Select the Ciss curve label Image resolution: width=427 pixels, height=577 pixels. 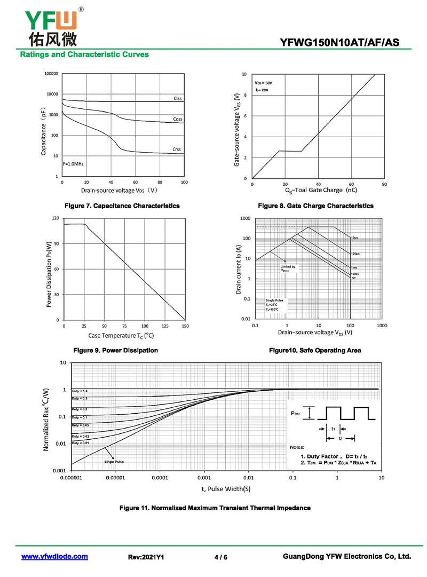tap(178, 99)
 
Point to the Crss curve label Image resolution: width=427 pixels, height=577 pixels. tap(177, 149)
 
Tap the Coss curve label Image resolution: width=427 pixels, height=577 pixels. tap(178, 119)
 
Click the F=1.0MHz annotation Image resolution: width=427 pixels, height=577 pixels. tap(74, 163)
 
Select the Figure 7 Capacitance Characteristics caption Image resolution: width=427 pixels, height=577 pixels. tap(122, 206)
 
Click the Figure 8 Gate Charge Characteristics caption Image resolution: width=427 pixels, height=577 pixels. tap(315, 206)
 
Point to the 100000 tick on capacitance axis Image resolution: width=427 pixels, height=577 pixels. tap(50, 74)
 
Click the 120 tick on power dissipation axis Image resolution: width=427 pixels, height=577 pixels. tap(55, 218)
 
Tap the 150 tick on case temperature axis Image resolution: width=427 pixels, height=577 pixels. tap(185, 326)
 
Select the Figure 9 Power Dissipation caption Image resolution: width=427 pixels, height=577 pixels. tap(115, 351)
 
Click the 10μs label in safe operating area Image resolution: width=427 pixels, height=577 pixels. tap(355, 237)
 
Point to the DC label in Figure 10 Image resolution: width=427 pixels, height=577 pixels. tap(353, 278)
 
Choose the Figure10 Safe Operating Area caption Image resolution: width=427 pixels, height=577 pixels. tap(315, 351)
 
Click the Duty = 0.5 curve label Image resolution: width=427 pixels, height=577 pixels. tap(80, 399)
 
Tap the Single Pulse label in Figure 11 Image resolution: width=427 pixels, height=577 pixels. tap(114, 461)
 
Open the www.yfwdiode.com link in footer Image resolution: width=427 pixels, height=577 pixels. tap(54, 556)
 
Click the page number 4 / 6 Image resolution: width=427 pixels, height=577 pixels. tap(220, 557)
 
